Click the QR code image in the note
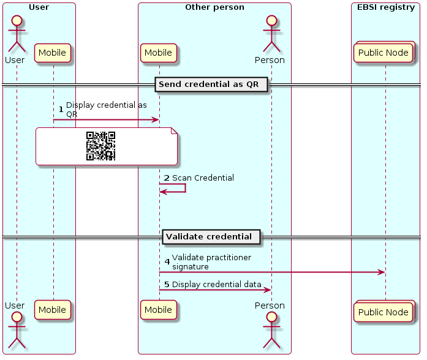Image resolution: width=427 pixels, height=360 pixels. point(100,146)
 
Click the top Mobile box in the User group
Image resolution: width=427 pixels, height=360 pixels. point(53,53)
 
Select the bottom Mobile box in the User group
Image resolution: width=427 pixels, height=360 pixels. point(53,310)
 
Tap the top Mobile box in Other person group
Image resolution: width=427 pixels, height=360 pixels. point(159,53)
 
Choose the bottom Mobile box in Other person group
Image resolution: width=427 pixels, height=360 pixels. point(159,310)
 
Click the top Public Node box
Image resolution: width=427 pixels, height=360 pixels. point(384,53)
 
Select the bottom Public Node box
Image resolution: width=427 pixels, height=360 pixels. point(384,312)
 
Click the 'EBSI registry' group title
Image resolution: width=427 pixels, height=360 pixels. point(386,8)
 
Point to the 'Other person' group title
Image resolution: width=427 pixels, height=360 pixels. point(214,8)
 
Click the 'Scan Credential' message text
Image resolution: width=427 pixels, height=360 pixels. point(203,178)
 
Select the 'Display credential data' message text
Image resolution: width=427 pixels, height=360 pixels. point(216,285)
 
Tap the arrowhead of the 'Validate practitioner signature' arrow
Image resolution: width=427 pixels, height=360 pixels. point(382,272)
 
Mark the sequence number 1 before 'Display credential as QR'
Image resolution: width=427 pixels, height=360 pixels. point(61,109)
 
